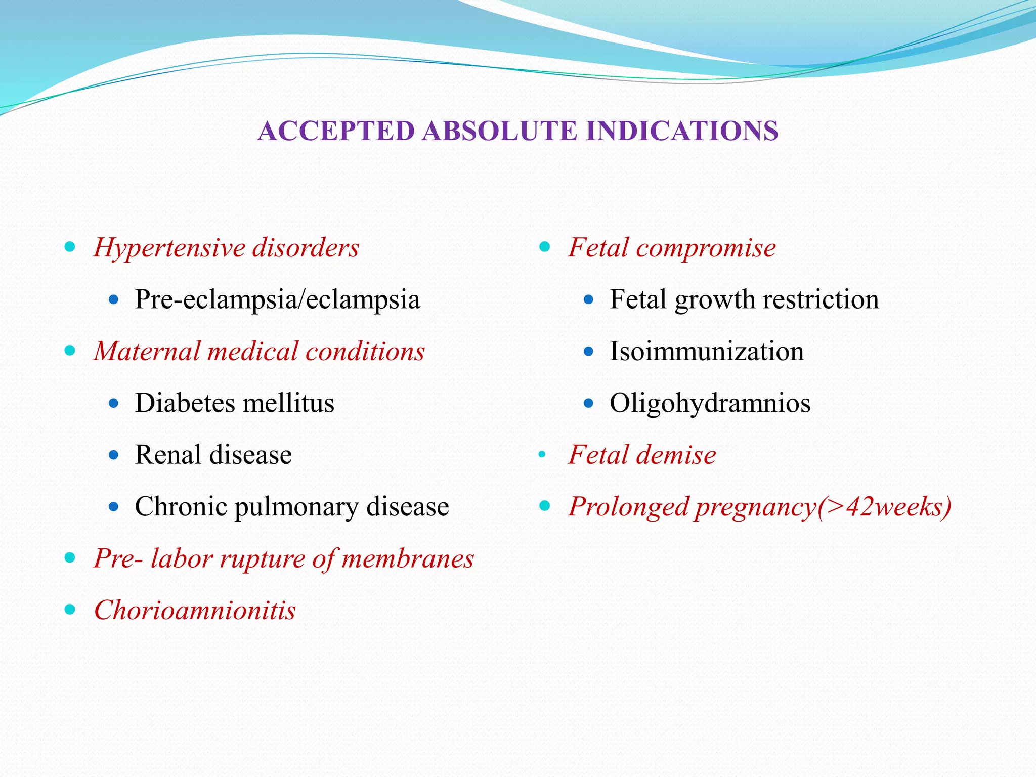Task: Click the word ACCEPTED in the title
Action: pos(336,131)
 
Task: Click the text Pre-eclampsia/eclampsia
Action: pos(277,299)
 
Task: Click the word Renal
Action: pos(167,455)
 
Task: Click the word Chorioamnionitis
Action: pos(195,610)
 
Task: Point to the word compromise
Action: pos(706,248)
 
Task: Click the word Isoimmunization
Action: pos(706,351)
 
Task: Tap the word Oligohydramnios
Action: pos(710,403)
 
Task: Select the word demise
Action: pos(676,455)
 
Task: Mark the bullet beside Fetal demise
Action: pos(542,454)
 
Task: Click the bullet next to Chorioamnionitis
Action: pos(70,610)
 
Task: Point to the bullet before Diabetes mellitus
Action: pos(114,403)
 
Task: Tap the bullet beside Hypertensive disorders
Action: pos(70,247)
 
